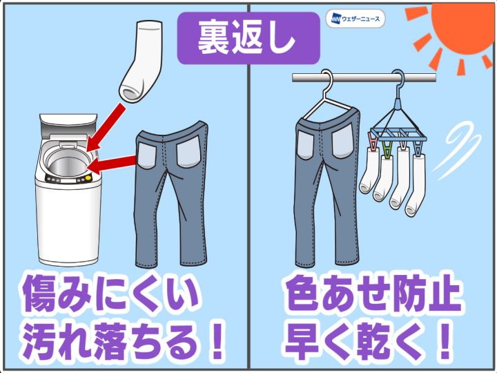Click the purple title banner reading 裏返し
click(x=248, y=38)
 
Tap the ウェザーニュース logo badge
click(x=355, y=19)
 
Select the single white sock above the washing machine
click(x=139, y=61)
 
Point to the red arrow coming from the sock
click(x=105, y=126)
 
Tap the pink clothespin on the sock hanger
click(x=373, y=142)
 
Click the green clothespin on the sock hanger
click(x=387, y=149)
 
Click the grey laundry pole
click(x=364, y=77)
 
